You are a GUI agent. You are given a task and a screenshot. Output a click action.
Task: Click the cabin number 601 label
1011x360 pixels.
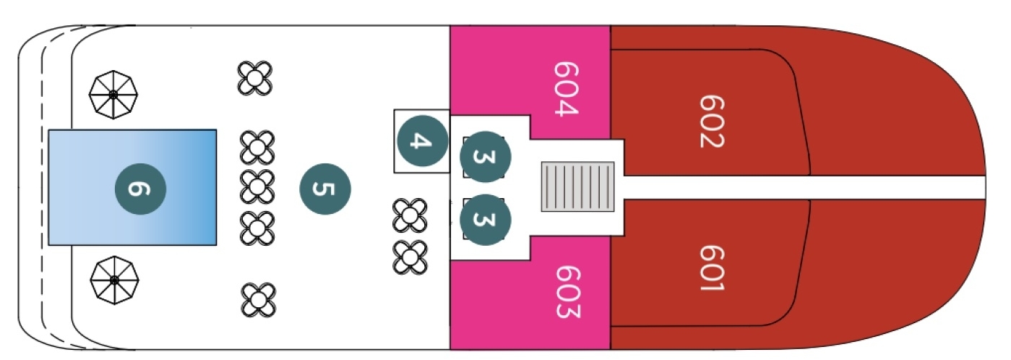(712, 268)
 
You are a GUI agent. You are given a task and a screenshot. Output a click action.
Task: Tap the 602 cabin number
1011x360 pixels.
(712, 121)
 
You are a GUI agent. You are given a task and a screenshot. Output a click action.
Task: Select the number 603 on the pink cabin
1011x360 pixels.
(567, 291)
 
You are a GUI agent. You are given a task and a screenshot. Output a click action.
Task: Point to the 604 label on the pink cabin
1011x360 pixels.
(566, 89)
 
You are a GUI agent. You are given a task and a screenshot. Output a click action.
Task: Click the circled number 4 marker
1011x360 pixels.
(423, 140)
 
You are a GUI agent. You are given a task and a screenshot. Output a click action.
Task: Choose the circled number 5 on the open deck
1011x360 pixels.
(325, 189)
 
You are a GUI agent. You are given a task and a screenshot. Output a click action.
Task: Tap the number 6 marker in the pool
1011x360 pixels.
(140, 189)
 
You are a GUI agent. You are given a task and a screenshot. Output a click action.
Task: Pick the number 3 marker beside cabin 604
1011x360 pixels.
(485, 157)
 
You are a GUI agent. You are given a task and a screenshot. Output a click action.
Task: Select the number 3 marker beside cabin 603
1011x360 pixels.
(485, 220)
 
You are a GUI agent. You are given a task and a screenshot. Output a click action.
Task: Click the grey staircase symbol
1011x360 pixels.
(577, 187)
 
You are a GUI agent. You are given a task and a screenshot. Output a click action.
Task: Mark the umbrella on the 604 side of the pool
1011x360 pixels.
(113, 95)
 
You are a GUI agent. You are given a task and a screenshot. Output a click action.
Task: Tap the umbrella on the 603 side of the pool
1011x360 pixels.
(114, 280)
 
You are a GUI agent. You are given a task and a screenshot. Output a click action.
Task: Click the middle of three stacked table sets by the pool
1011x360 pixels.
(257, 187)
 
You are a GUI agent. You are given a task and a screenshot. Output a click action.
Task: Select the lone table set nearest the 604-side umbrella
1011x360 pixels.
(255, 78)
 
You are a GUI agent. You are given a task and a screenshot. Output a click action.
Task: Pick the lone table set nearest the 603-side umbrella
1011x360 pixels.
(259, 300)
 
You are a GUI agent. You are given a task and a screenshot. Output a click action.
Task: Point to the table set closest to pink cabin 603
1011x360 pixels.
(410, 257)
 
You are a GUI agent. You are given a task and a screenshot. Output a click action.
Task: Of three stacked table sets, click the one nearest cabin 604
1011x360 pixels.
(257, 147)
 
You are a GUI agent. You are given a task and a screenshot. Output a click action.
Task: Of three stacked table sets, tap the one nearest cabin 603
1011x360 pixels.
(257, 228)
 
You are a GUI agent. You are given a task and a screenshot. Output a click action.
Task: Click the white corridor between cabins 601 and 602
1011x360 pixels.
(804, 187)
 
